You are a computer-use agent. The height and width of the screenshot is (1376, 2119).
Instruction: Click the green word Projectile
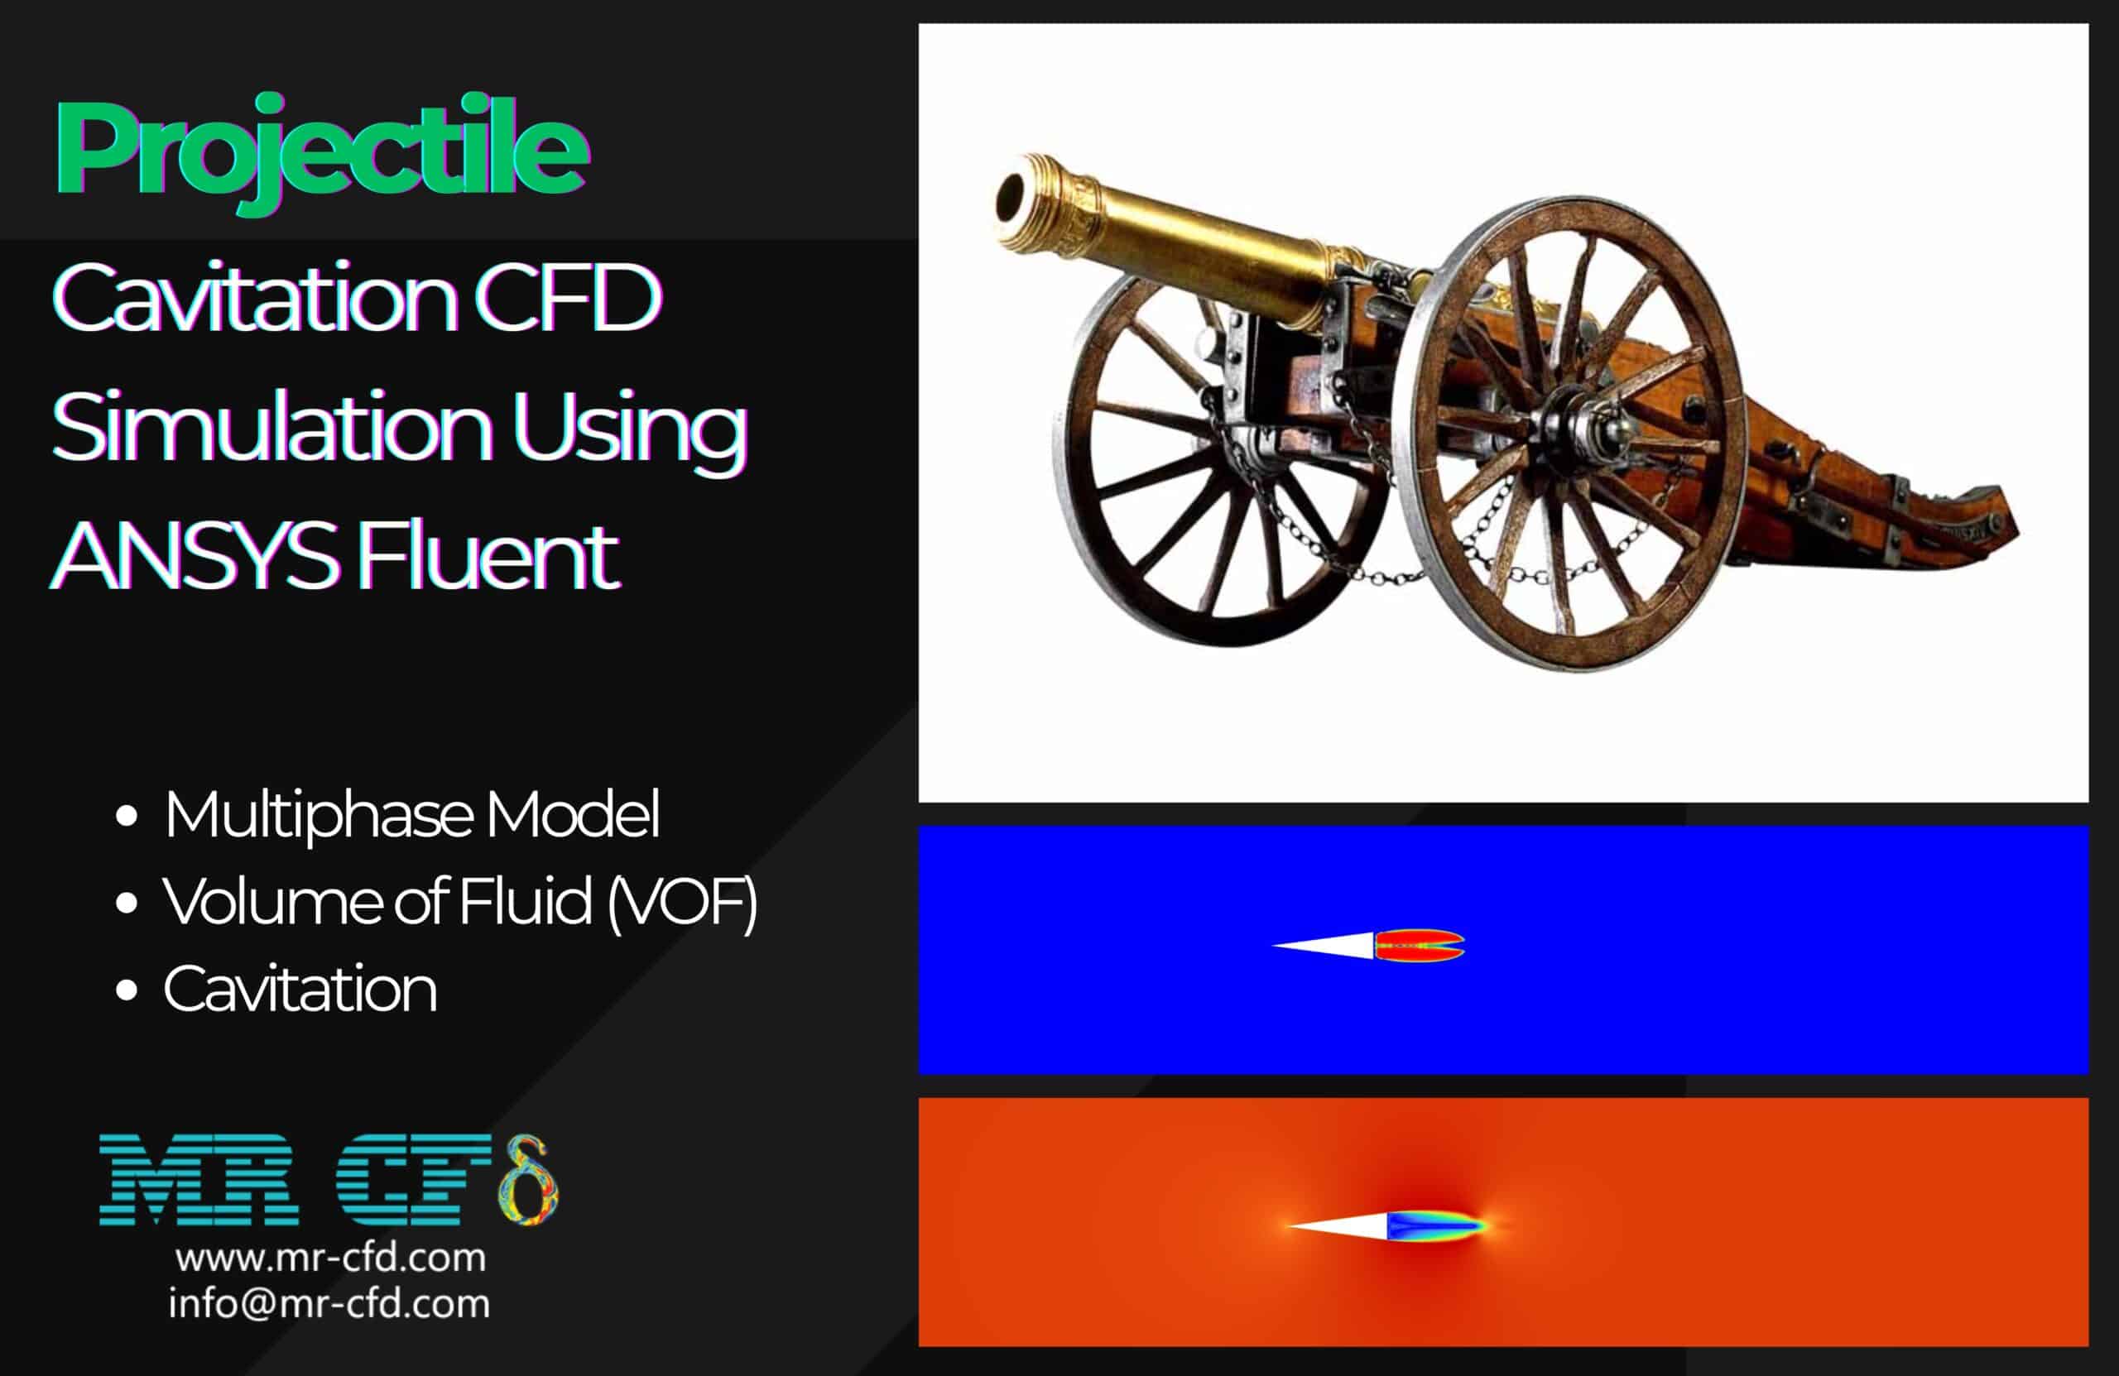[x=320, y=150]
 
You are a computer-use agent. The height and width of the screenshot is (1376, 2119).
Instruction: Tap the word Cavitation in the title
[x=254, y=298]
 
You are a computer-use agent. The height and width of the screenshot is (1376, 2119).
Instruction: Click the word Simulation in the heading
[x=271, y=427]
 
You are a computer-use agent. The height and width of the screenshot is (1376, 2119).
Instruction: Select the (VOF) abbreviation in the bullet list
[x=681, y=902]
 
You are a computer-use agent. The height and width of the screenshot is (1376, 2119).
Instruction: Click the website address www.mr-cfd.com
[x=330, y=1258]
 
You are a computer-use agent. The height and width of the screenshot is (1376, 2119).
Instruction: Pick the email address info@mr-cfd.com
[x=329, y=1304]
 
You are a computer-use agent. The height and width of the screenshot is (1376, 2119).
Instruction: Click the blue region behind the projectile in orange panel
[x=1434, y=1225]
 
